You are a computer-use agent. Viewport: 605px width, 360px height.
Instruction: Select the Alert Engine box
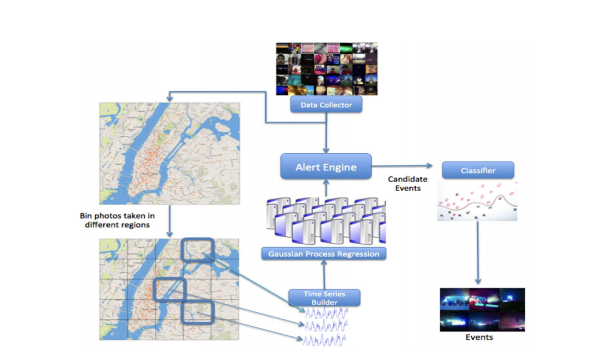coord(326,167)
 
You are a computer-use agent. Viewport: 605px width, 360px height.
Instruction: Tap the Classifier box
coord(478,171)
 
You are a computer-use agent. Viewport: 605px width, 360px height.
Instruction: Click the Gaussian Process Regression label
coord(324,254)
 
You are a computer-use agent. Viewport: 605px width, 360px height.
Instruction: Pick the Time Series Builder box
coord(324,298)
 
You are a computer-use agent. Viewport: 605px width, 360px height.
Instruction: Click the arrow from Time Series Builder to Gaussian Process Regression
coord(324,275)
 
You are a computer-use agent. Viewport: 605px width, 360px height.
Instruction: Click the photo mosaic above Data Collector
coord(326,69)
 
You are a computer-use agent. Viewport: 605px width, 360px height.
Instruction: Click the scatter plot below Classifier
coord(477,202)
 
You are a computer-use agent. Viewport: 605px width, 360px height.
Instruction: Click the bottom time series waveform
coord(326,340)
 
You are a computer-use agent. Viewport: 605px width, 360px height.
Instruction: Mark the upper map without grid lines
coord(170,153)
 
